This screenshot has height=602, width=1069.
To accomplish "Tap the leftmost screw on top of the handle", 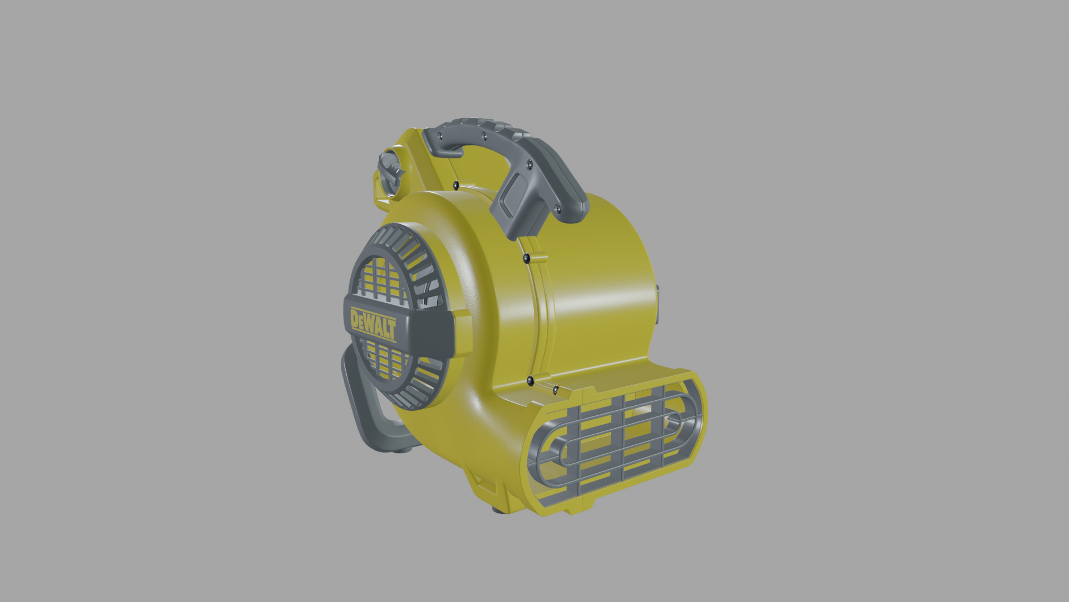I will (440, 136).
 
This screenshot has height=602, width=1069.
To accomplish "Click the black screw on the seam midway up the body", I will (526, 257).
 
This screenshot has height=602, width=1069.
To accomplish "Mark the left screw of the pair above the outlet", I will (530, 381).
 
